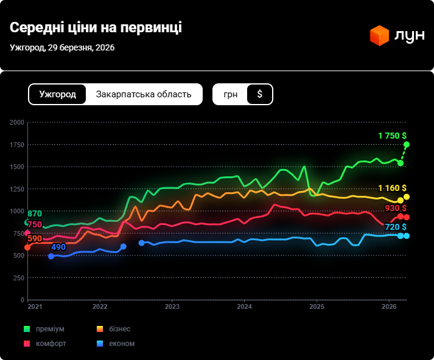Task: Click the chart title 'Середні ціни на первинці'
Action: pyautogui.click(x=96, y=28)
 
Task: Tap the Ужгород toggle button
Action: pyautogui.click(x=57, y=94)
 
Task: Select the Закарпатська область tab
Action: pyautogui.click(x=144, y=94)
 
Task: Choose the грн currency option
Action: pyautogui.click(x=231, y=94)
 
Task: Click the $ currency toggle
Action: pyautogui.click(x=260, y=94)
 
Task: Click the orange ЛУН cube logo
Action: pyautogui.click(x=379, y=35)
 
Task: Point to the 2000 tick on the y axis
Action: pyautogui.click(x=17, y=122)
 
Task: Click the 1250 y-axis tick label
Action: pyautogui.click(x=17, y=189)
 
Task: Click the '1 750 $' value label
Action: pyautogui.click(x=392, y=136)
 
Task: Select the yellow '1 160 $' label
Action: pyautogui.click(x=392, y=188)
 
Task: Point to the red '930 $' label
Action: pyautogui.click(x=396, y=208)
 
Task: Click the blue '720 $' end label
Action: pyautogui.click(x=396, y=227)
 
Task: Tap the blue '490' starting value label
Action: pyautogui.click(x=58, y=247)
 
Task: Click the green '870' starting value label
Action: pyautogui.click(x=35, y=213)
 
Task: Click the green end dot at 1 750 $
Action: pyautogui.click(x=407, y=144)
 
